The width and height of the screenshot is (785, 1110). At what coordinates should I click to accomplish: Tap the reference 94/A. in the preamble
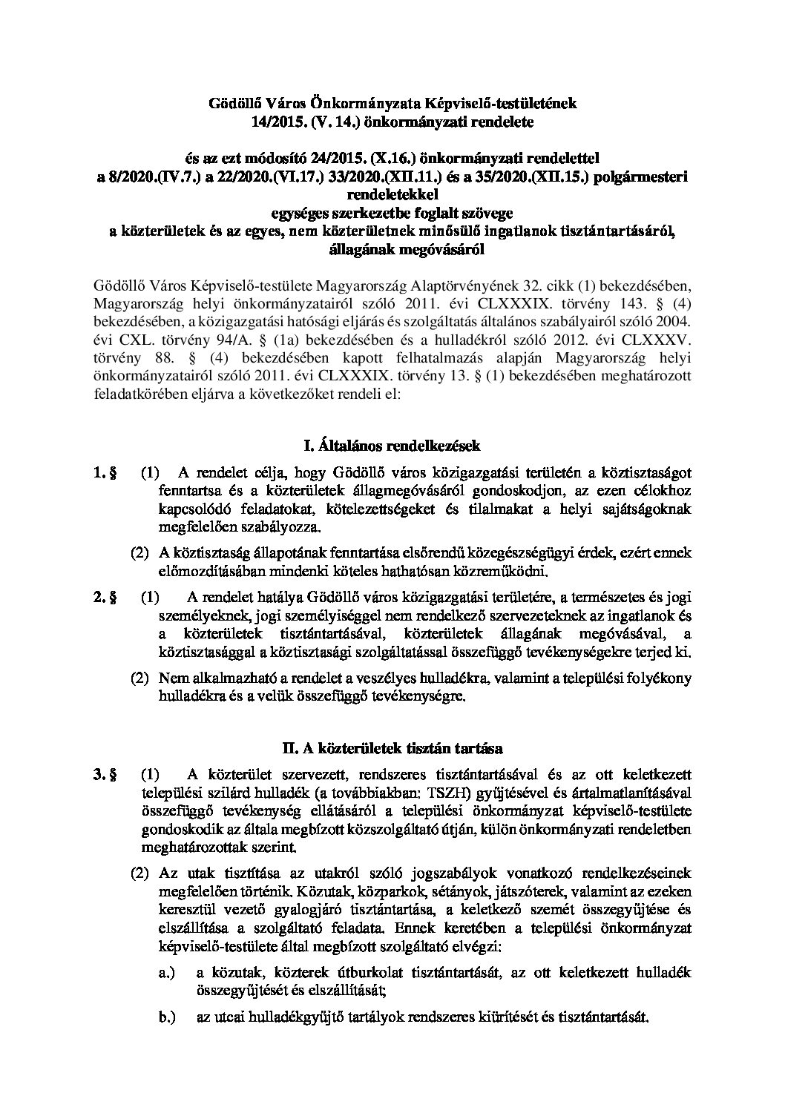223,342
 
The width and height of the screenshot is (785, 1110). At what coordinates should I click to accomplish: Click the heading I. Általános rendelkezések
392,446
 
